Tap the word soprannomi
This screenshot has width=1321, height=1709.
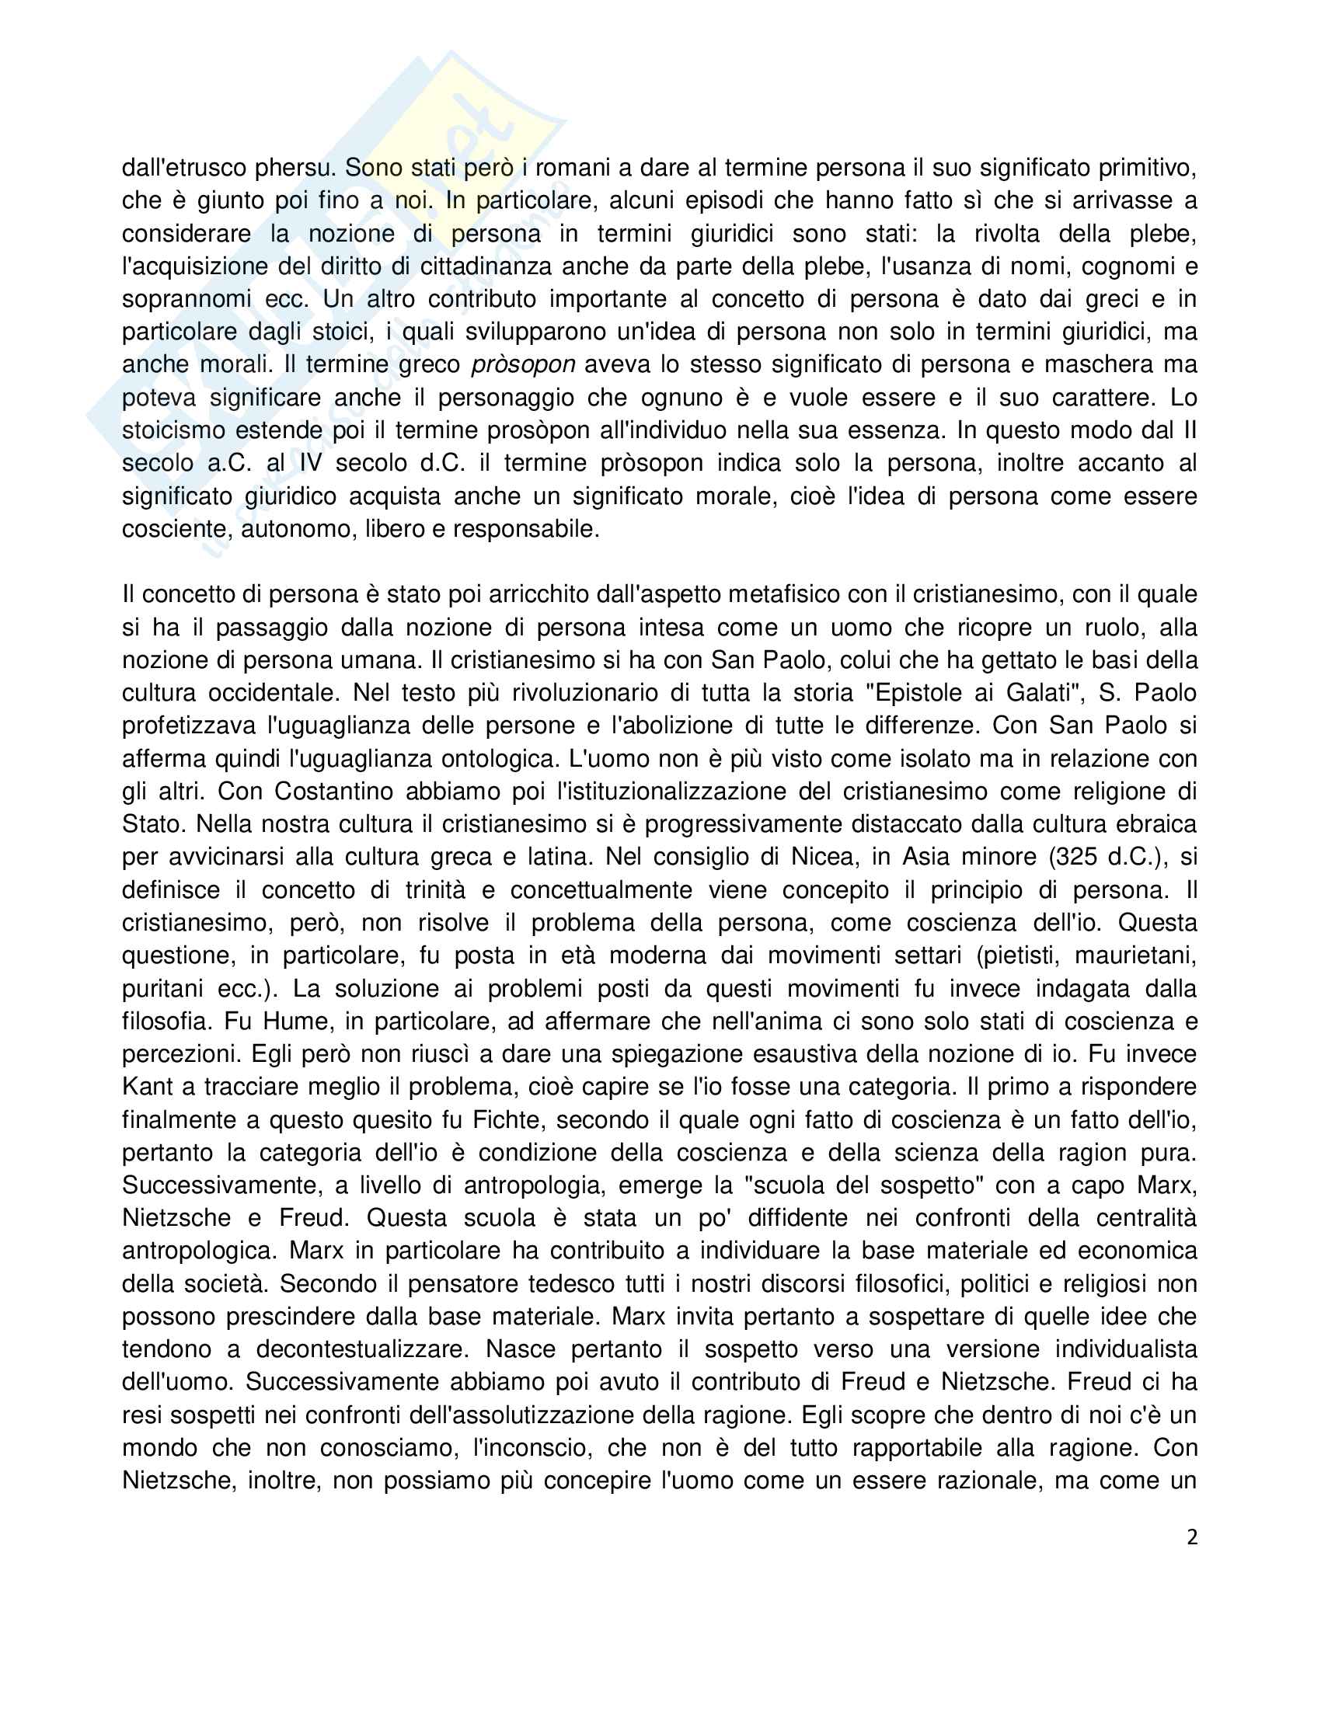(x=186, y=300)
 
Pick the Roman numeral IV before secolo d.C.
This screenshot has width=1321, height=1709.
(x=310, y=463)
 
